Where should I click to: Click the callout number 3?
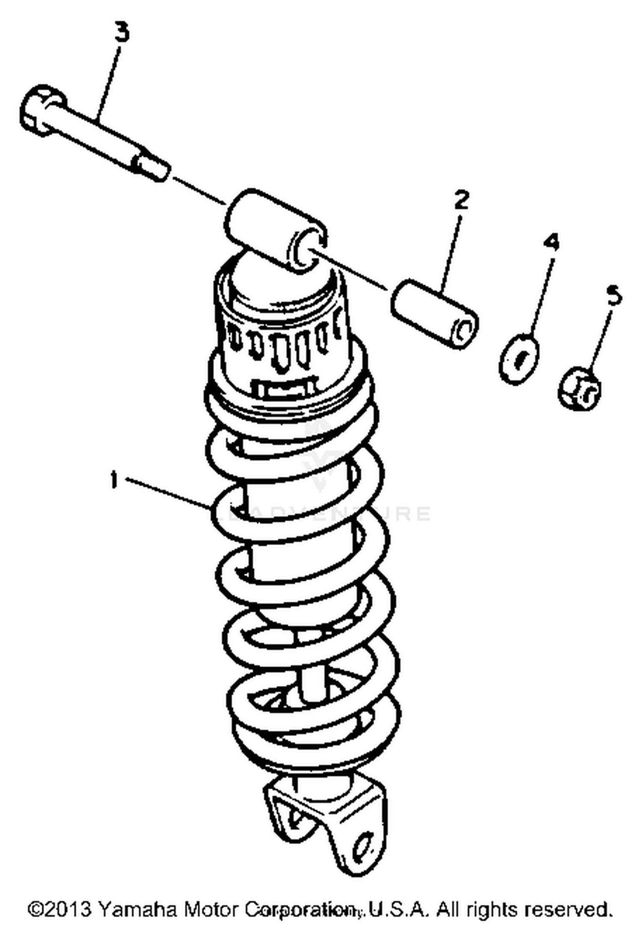[x=122, y=33]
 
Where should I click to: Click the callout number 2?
[x=461, y=200]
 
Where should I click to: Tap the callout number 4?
[x=551, y=242]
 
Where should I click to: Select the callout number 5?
[x=614, y=296]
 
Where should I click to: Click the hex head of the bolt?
[x=42, y=110]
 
